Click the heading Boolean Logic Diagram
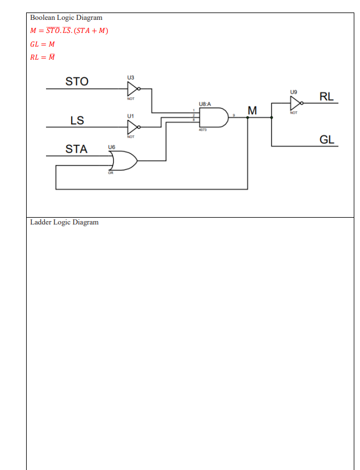[x=66, y=18]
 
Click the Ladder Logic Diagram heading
[x=64, y=222]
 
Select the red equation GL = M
[x=43, y=44]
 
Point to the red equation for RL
[x=43, y=57]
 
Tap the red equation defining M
[x=69, y=30]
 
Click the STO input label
[x=77, y=81]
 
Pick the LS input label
[x=77, y=120]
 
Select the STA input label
[x=76, y=149]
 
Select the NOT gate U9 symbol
[x=295, y=103]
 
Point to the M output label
[x=252, y=110]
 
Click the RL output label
[x=326, y=97]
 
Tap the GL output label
[x=326, y=140]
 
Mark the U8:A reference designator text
[x=204, y=104]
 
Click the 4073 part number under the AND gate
[x=202, y=131]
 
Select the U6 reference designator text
[x=111, y=147]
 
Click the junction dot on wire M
[x=248, y=118]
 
